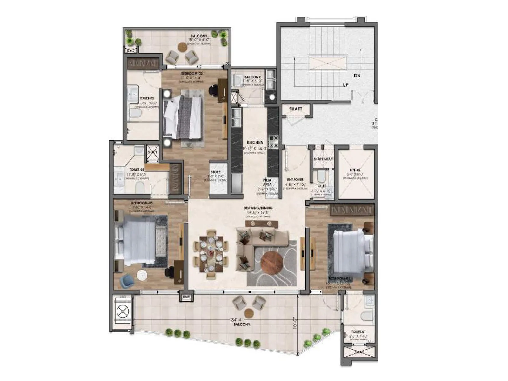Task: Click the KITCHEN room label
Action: (x=255, y=143)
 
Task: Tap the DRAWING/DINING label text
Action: (x=258, y=208)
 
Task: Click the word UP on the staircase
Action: (x=346, y=85)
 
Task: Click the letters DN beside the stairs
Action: (x=357, y=76)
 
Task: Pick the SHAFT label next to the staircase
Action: (x=296, y=109)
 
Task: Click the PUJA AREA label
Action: (x=267, y=182)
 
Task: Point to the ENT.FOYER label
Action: (x=295, y=180)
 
